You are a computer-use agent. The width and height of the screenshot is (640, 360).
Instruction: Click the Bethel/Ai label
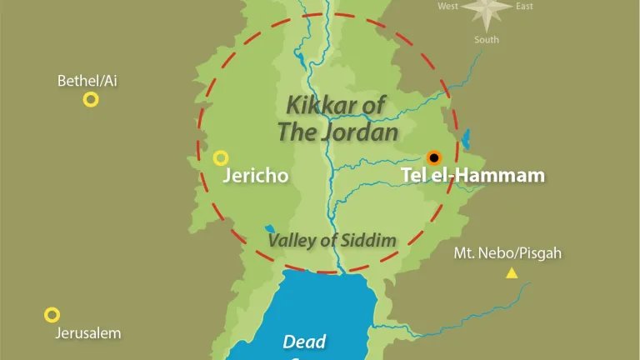(87, 81)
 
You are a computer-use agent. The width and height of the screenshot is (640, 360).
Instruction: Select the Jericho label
(255, 176)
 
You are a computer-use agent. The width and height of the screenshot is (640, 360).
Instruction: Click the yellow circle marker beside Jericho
(221, 157)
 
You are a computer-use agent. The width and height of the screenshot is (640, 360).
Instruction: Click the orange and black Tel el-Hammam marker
(433, 157)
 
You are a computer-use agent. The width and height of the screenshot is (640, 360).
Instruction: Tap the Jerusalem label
(88, 333)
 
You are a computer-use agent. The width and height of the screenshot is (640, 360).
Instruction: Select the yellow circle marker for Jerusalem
(52, 315)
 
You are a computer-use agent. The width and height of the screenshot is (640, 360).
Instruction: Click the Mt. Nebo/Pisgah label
(507, 252)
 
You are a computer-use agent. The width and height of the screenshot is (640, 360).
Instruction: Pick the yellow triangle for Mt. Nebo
(512, 272)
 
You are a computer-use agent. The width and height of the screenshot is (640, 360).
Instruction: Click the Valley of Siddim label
(332, 240)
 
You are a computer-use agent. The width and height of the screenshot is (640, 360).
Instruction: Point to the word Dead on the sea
(304, 341)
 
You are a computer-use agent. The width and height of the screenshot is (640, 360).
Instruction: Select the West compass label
(448, 7)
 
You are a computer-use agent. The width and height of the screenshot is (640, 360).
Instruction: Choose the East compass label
(524, 7)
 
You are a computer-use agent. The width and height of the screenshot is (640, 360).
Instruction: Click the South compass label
(487, 39)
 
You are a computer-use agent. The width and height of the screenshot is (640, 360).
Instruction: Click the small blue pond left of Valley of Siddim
(269, 227)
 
